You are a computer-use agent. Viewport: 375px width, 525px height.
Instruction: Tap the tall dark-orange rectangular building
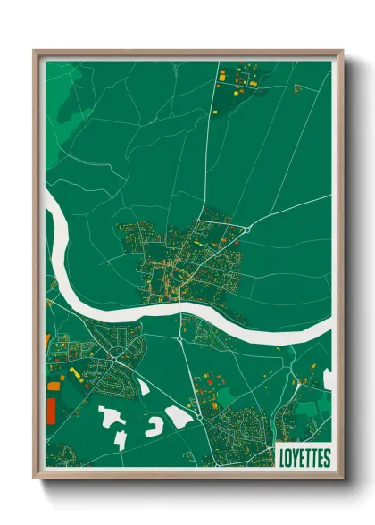pos(50,412)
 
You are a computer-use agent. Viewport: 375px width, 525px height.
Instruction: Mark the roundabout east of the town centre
pos(246,229)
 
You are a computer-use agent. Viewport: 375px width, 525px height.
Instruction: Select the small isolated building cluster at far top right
pos(297,87)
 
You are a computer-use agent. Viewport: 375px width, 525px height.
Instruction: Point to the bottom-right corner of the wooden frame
pos(342,478)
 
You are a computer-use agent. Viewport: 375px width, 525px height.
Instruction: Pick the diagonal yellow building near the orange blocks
pos(75,370)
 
